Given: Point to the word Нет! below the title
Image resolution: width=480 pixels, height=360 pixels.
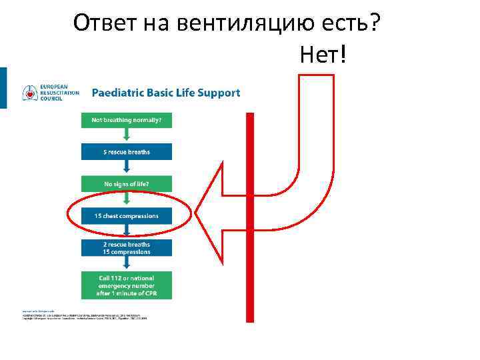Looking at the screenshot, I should [x=323, y=55].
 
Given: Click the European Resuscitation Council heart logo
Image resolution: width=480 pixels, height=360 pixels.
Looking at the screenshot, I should [x=30, y=93].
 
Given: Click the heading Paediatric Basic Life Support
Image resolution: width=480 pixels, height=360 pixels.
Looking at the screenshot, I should [x=165, y=93].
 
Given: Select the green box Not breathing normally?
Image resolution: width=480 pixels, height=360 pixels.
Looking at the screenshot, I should [x=127, y=121].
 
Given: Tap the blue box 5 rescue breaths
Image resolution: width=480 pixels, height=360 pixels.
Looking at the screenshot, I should [x=127, y=152].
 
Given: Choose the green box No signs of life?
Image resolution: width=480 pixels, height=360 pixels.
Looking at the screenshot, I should [x=127, y=183].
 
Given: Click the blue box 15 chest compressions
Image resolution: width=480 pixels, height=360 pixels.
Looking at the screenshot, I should [x=127, y=215].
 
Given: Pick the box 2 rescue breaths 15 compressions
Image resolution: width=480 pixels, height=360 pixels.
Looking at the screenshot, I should [x=127, y=248].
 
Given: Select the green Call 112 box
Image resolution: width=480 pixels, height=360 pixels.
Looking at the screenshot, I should [x=127, y=285].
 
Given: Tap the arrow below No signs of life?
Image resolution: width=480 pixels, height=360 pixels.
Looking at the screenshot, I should [x=127, y=199].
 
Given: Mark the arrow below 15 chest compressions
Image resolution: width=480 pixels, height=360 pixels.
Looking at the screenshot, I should [x=127, y=231].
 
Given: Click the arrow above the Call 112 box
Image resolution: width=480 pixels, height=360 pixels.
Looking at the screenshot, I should [x=127, y=264].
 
